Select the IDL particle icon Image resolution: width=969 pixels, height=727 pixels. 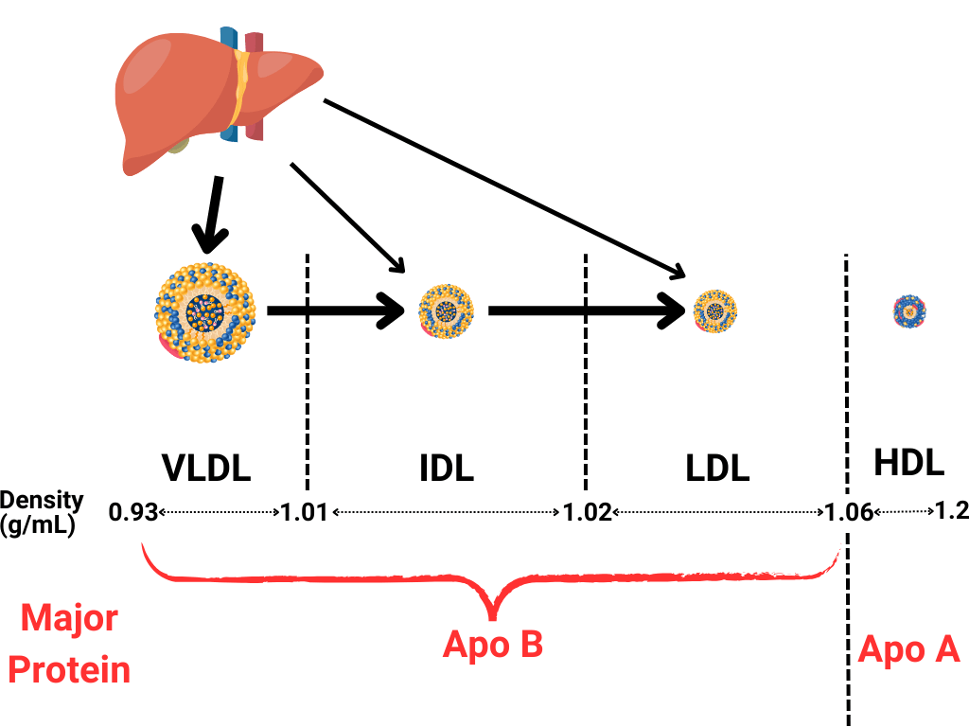(x=445, y=310)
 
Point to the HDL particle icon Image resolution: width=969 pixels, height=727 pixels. (x=909, y=310)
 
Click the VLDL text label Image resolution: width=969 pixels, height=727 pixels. (x=206, y=468)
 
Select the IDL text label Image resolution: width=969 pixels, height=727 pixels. (x=446, y=468)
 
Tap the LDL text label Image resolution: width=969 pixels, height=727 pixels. (x=717, y=468)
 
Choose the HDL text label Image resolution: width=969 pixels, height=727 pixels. (x=908, y=463)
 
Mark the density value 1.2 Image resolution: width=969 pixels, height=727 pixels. (x=951, y=511)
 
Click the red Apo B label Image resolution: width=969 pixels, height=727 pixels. (x=492, y=646)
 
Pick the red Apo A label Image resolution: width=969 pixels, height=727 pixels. (x=908, y=650)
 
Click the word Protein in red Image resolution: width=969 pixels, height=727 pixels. (x=75, y=670)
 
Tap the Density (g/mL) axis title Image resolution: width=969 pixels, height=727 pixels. (x=42, y=512)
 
